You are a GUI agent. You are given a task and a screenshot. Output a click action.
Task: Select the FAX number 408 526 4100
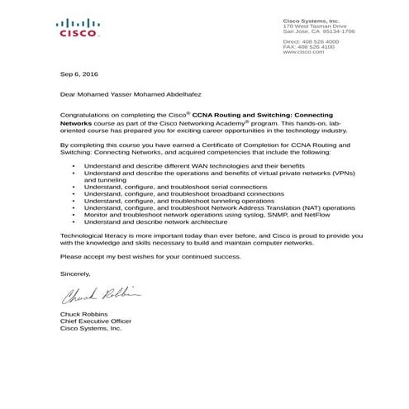point(317,46)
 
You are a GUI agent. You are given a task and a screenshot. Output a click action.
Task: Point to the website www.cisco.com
point(302,52)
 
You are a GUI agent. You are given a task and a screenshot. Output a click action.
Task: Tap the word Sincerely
point(77,272)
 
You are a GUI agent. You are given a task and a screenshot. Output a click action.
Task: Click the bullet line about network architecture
point(155,222)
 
